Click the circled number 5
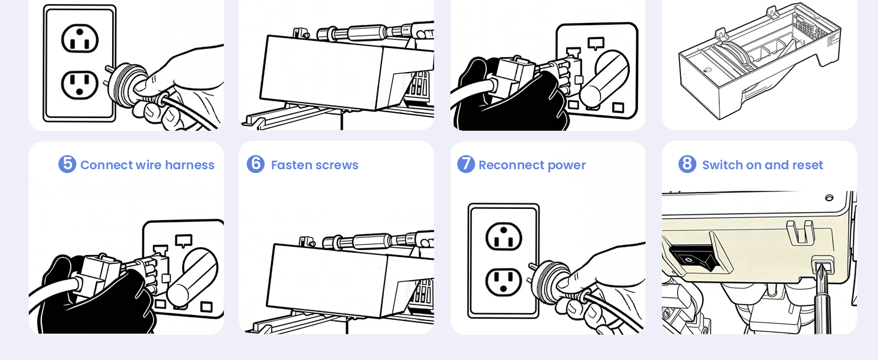coord(67,164)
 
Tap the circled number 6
coord(255,164)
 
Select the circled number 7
coord(466,164)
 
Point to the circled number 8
coord(687,164)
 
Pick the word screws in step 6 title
coord(336,166)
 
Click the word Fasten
coord(291,165)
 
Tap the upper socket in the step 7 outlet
coord(504,236)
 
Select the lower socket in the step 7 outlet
coord(504,282)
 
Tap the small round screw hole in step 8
coord(829,197)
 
